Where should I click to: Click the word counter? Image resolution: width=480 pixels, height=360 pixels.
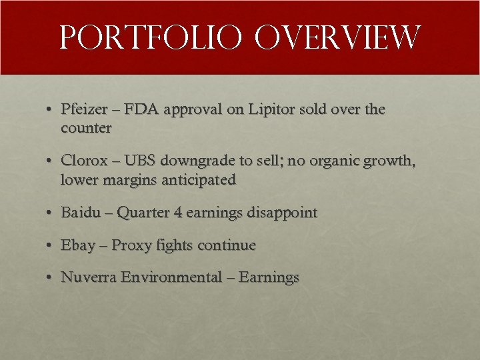click(86, 128)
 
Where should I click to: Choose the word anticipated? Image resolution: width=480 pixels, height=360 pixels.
click(199, 181)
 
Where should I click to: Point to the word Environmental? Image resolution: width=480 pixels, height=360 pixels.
click(171, 277)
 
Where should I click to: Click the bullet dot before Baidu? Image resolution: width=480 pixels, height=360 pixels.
click(50, 213)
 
